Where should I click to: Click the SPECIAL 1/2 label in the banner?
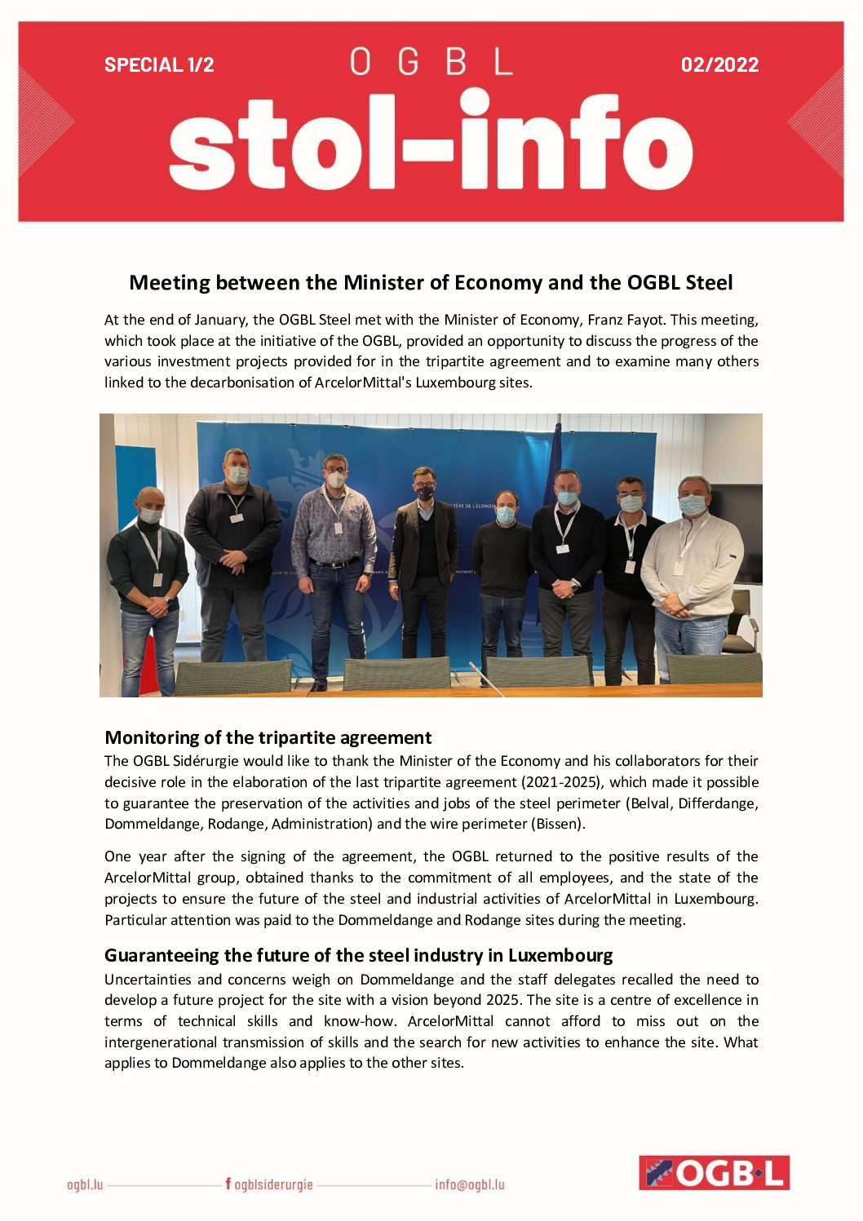point(159,64)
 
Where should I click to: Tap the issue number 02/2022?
point(719,64)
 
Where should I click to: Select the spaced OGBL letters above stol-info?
point(431,62)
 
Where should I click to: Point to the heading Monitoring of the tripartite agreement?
point(268,737)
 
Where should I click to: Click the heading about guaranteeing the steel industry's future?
point(358,955)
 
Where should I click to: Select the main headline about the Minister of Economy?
point(431,283)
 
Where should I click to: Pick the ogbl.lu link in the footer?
point(85,1184)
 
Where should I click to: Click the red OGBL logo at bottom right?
point(714,1173)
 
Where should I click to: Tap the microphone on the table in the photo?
point(486,677)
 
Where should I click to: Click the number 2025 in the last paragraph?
point(502,1000)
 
